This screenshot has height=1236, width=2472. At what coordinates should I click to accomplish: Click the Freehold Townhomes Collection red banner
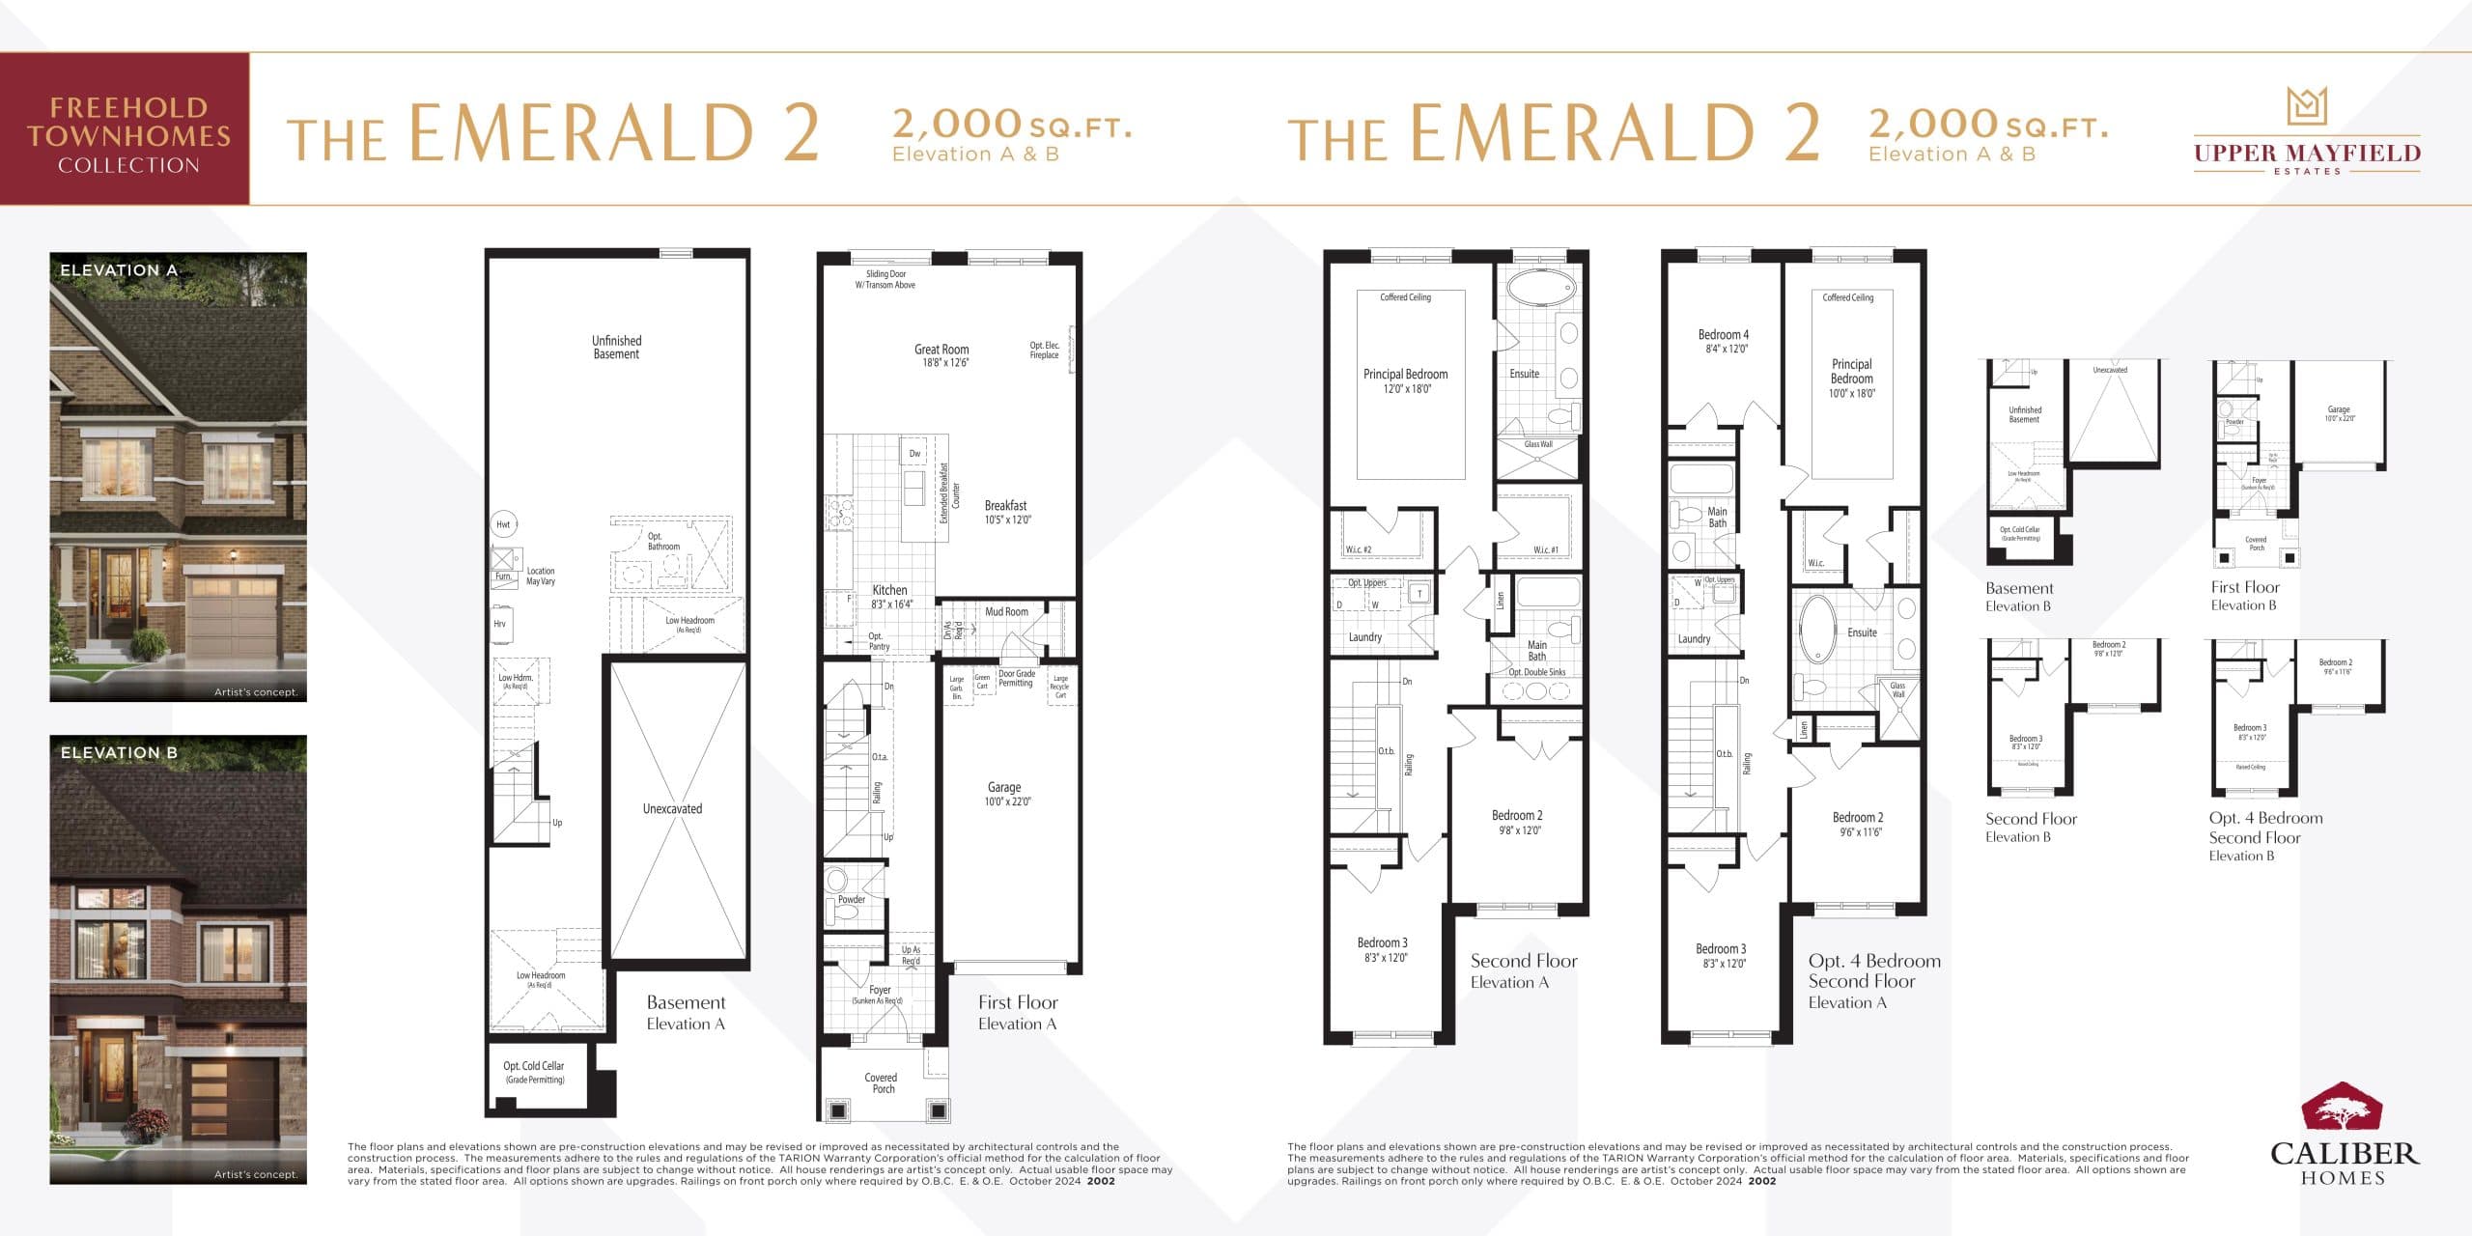point(126,129)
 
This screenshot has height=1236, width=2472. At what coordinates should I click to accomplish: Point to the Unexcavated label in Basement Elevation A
point(672,809)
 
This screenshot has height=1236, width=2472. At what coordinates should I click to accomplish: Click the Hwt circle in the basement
point(503,524)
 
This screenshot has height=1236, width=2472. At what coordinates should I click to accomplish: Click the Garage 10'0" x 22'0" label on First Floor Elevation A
point(1004,794)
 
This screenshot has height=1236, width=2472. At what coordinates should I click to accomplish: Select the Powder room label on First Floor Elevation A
point(852,899)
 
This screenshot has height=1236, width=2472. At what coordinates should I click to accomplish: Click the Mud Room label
point(1006,611)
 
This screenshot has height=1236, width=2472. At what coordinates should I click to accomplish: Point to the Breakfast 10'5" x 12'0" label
point(1007,512)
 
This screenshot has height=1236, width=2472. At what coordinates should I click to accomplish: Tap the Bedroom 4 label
point(1724,341)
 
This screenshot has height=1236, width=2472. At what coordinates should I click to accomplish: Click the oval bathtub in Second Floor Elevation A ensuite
point(1541,288)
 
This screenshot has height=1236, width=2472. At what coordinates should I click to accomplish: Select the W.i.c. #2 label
point(1359,549)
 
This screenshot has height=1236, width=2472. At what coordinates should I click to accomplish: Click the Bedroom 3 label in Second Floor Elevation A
point(1383,949)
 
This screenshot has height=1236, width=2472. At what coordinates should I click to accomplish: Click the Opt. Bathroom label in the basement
point(662,541)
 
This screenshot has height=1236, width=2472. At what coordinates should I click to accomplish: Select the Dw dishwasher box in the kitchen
point(914,453)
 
